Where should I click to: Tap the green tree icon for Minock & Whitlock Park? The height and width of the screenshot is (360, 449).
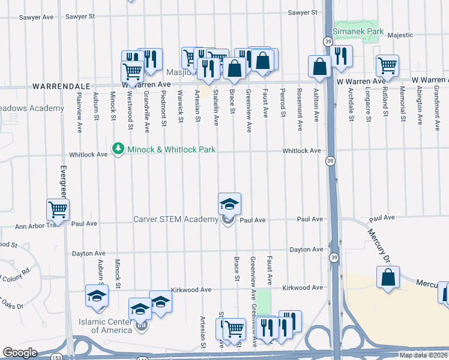(118, 148)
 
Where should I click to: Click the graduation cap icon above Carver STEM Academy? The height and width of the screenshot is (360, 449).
(229, 204)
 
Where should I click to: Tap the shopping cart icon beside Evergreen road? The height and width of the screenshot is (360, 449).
(58, 209)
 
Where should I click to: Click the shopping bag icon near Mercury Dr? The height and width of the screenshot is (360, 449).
(388, 277)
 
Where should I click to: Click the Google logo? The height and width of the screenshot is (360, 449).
(20, 352)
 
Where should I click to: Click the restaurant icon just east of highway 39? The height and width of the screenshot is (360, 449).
(340, 56)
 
